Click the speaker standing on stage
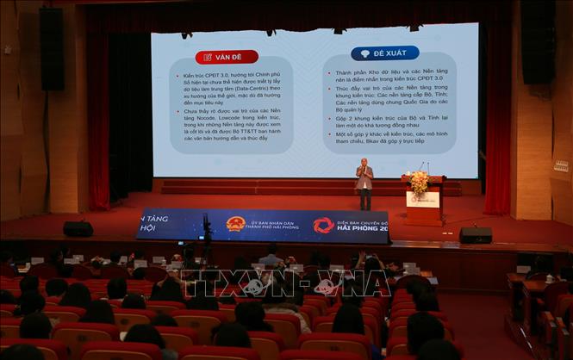pyautogui.click(x=365, y=183)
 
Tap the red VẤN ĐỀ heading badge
pyautogui.click(x=227, y=57)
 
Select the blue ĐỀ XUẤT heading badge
pyautogui.click(x=385, y=53)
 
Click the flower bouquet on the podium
pyautogui.click(x=420, y=181)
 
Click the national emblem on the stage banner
pyautogui.click(x=235, y=224)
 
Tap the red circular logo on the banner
pyautogui.click(x=323, y=226)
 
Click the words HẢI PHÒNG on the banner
pyautogui.click(x=362, y=229)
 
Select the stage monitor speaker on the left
pyautogui.click(x=78, y=228)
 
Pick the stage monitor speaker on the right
pyautogui.click(x=475, y=234)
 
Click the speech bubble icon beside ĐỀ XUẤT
pyautogui.click(x=364, y=53)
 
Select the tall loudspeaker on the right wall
pyautogui.click(x=539, y=43)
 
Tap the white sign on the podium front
pyautogui.click(x=422, y=199)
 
